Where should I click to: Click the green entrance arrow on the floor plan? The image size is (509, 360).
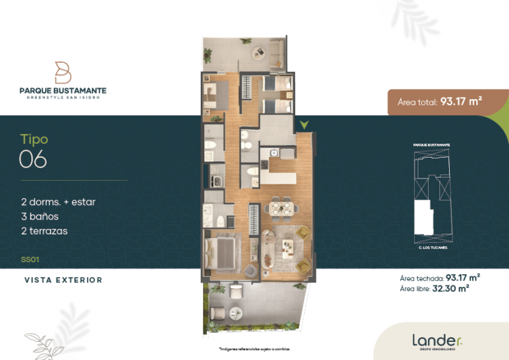pos(303,126)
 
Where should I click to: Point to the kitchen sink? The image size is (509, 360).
pos(273,153)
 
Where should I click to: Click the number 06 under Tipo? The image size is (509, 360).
pos(33,160)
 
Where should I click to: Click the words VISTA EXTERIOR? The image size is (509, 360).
pos(63,280)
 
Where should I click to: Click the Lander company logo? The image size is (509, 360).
pos(436,341)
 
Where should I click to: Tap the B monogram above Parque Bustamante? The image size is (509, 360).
pos(63,72)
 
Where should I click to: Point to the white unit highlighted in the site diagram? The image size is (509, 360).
pos(423,218)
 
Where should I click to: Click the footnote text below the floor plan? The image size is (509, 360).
pos(254,348)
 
